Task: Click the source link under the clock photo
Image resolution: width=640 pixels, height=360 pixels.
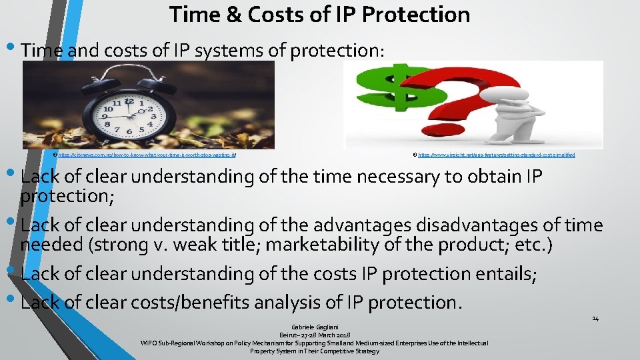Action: (147, 155)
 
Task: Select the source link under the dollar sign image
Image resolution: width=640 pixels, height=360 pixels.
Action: (496, 155)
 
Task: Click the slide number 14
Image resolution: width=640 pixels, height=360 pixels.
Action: (595, 319)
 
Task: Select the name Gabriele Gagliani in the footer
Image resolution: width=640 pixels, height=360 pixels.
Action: (313, 327)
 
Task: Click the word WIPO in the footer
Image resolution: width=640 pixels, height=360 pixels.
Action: (149, 343)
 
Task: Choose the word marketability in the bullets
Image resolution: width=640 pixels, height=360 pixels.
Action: (333, 245)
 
